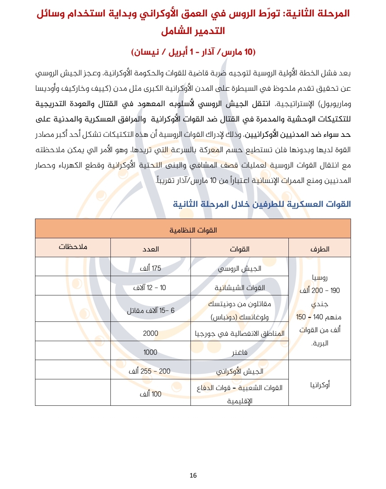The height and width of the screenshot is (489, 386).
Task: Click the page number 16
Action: point(193,475)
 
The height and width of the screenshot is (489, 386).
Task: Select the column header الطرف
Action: point(320,249)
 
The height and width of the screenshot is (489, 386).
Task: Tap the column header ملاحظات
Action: point(73,247)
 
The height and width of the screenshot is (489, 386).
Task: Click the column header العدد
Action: point(150,249)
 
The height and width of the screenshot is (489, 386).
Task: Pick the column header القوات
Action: point(239,249)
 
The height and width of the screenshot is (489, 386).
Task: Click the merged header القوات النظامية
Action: point(193,230)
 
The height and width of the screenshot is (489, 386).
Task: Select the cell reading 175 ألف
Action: point(150,268)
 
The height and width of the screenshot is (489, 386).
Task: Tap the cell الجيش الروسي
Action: point(239,268)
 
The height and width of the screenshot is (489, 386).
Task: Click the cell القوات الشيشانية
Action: point(239,288)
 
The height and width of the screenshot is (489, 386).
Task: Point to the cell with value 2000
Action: point(150,333)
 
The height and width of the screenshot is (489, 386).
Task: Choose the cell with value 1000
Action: point(150,352)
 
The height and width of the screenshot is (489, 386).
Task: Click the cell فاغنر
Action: point(239,353)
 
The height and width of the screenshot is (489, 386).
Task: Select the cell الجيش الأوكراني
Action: point(239,371)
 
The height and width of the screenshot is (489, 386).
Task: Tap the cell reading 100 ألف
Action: point(150,394)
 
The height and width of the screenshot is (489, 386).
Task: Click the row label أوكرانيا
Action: point(320,385)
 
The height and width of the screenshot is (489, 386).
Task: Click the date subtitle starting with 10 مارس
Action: point(193,52)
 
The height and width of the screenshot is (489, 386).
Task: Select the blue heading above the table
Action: point(262,204)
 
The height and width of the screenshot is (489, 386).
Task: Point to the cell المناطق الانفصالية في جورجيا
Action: point(239,333)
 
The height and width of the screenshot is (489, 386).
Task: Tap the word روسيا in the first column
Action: point(320,278)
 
